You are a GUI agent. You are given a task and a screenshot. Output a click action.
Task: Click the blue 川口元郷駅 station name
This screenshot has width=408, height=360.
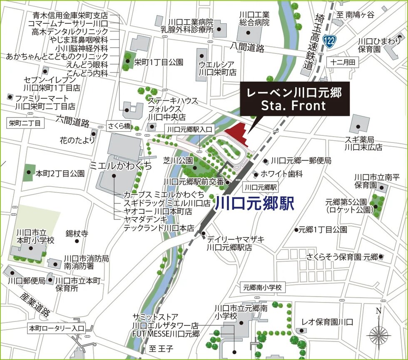[x=255, y=203]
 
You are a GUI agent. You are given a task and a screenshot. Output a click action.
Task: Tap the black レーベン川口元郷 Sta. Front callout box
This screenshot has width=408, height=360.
[x=294, y=99]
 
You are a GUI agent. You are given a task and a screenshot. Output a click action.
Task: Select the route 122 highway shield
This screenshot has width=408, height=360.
[x=330, y=41]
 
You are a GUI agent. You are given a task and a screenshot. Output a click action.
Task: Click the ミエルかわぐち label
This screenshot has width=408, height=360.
[x=121, y=166]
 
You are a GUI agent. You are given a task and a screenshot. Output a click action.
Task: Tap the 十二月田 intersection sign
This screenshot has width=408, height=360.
[x=343, y=62]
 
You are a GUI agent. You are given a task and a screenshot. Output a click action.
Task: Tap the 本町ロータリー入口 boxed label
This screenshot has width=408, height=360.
[x=57, y=328]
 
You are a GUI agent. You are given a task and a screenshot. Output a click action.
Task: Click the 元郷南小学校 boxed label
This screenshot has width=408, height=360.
[x=263, y=287]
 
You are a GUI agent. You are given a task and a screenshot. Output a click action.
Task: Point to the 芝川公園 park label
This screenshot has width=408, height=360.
[x=178, y=160]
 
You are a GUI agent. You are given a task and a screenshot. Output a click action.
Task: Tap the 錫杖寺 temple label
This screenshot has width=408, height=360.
[x=77, y=234]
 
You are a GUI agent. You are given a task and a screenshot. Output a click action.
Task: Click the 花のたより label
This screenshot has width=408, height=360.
[x=77, y=140]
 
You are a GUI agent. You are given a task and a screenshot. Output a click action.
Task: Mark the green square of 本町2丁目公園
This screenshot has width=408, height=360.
[x=29, y=172]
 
